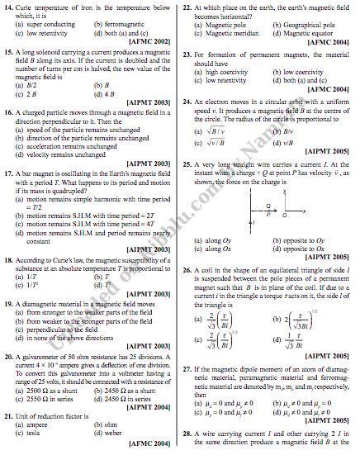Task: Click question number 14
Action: click(x=9, y=7)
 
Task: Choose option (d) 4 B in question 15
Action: click(x=109, y=93)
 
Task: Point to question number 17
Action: click(x=9, y=173)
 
